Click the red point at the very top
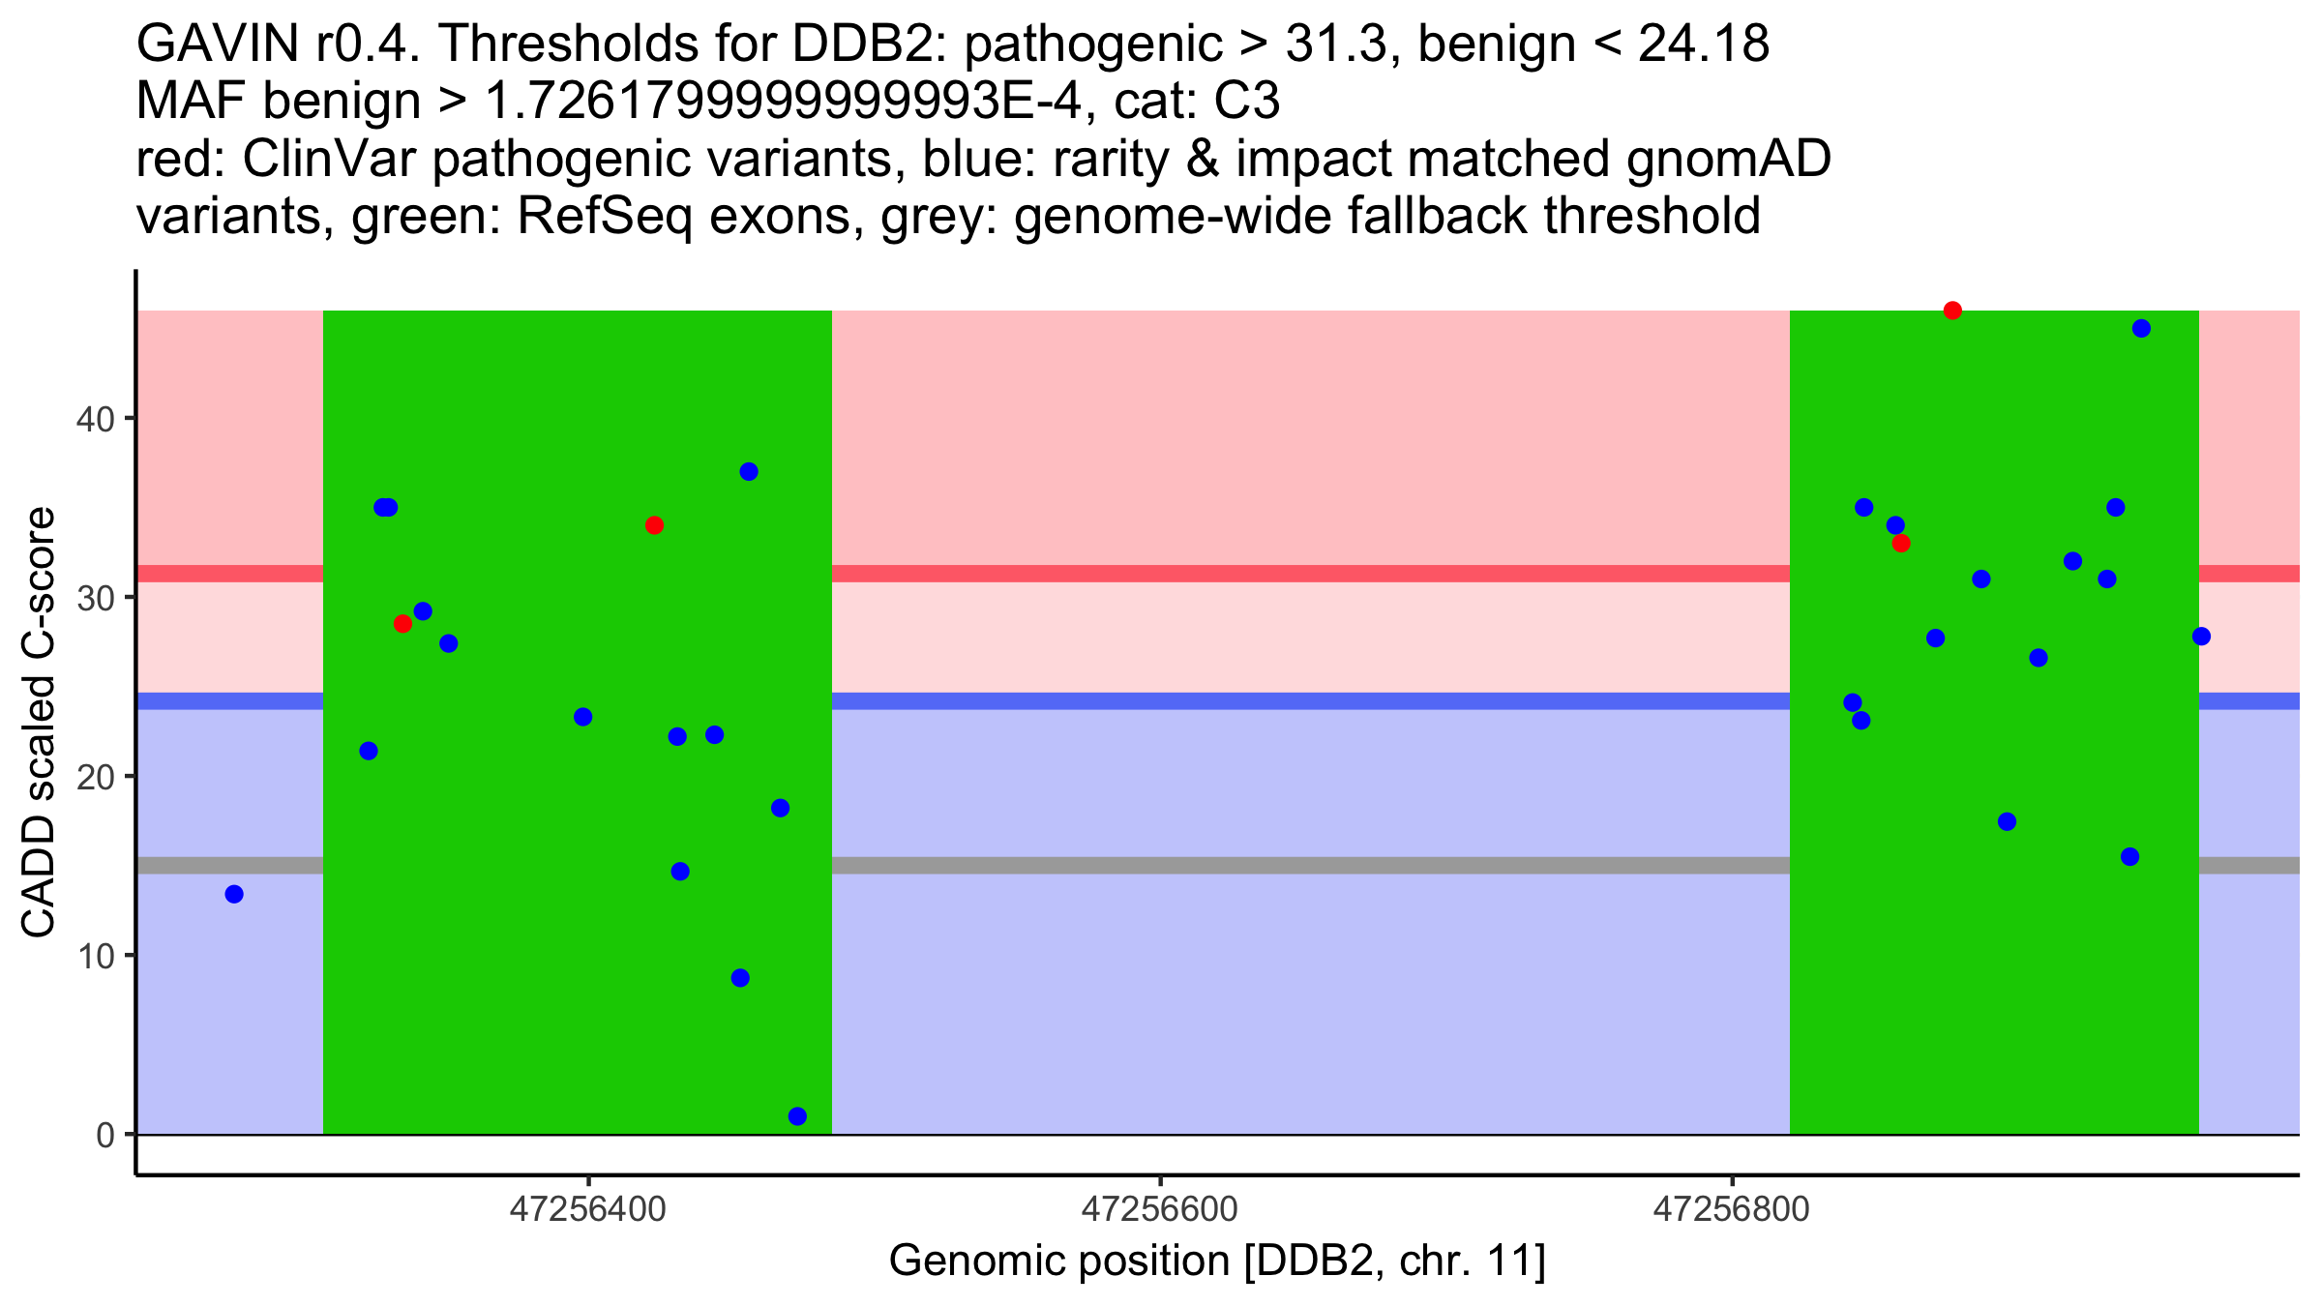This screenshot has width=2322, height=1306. pos(1952,311)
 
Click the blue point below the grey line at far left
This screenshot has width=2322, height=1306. pos(234,894)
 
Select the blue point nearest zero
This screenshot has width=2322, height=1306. pos(797,1116)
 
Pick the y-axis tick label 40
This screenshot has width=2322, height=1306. pos(95,419)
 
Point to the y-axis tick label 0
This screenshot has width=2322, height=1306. pos(104,1135)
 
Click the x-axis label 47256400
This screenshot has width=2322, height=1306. pos(587,1209)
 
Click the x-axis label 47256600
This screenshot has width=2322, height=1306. pos(1159,1209)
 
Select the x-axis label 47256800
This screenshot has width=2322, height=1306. pos(1731,1209)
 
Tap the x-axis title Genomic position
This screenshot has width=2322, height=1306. pos(1217,1261)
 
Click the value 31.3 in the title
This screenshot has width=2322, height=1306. pos(1335,45)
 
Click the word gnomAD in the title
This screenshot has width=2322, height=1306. pos(1728,160)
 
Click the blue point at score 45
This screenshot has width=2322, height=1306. pos(2141,328)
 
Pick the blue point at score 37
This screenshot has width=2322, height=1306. pos(749,472)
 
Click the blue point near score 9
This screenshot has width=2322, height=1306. pos(740,978)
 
